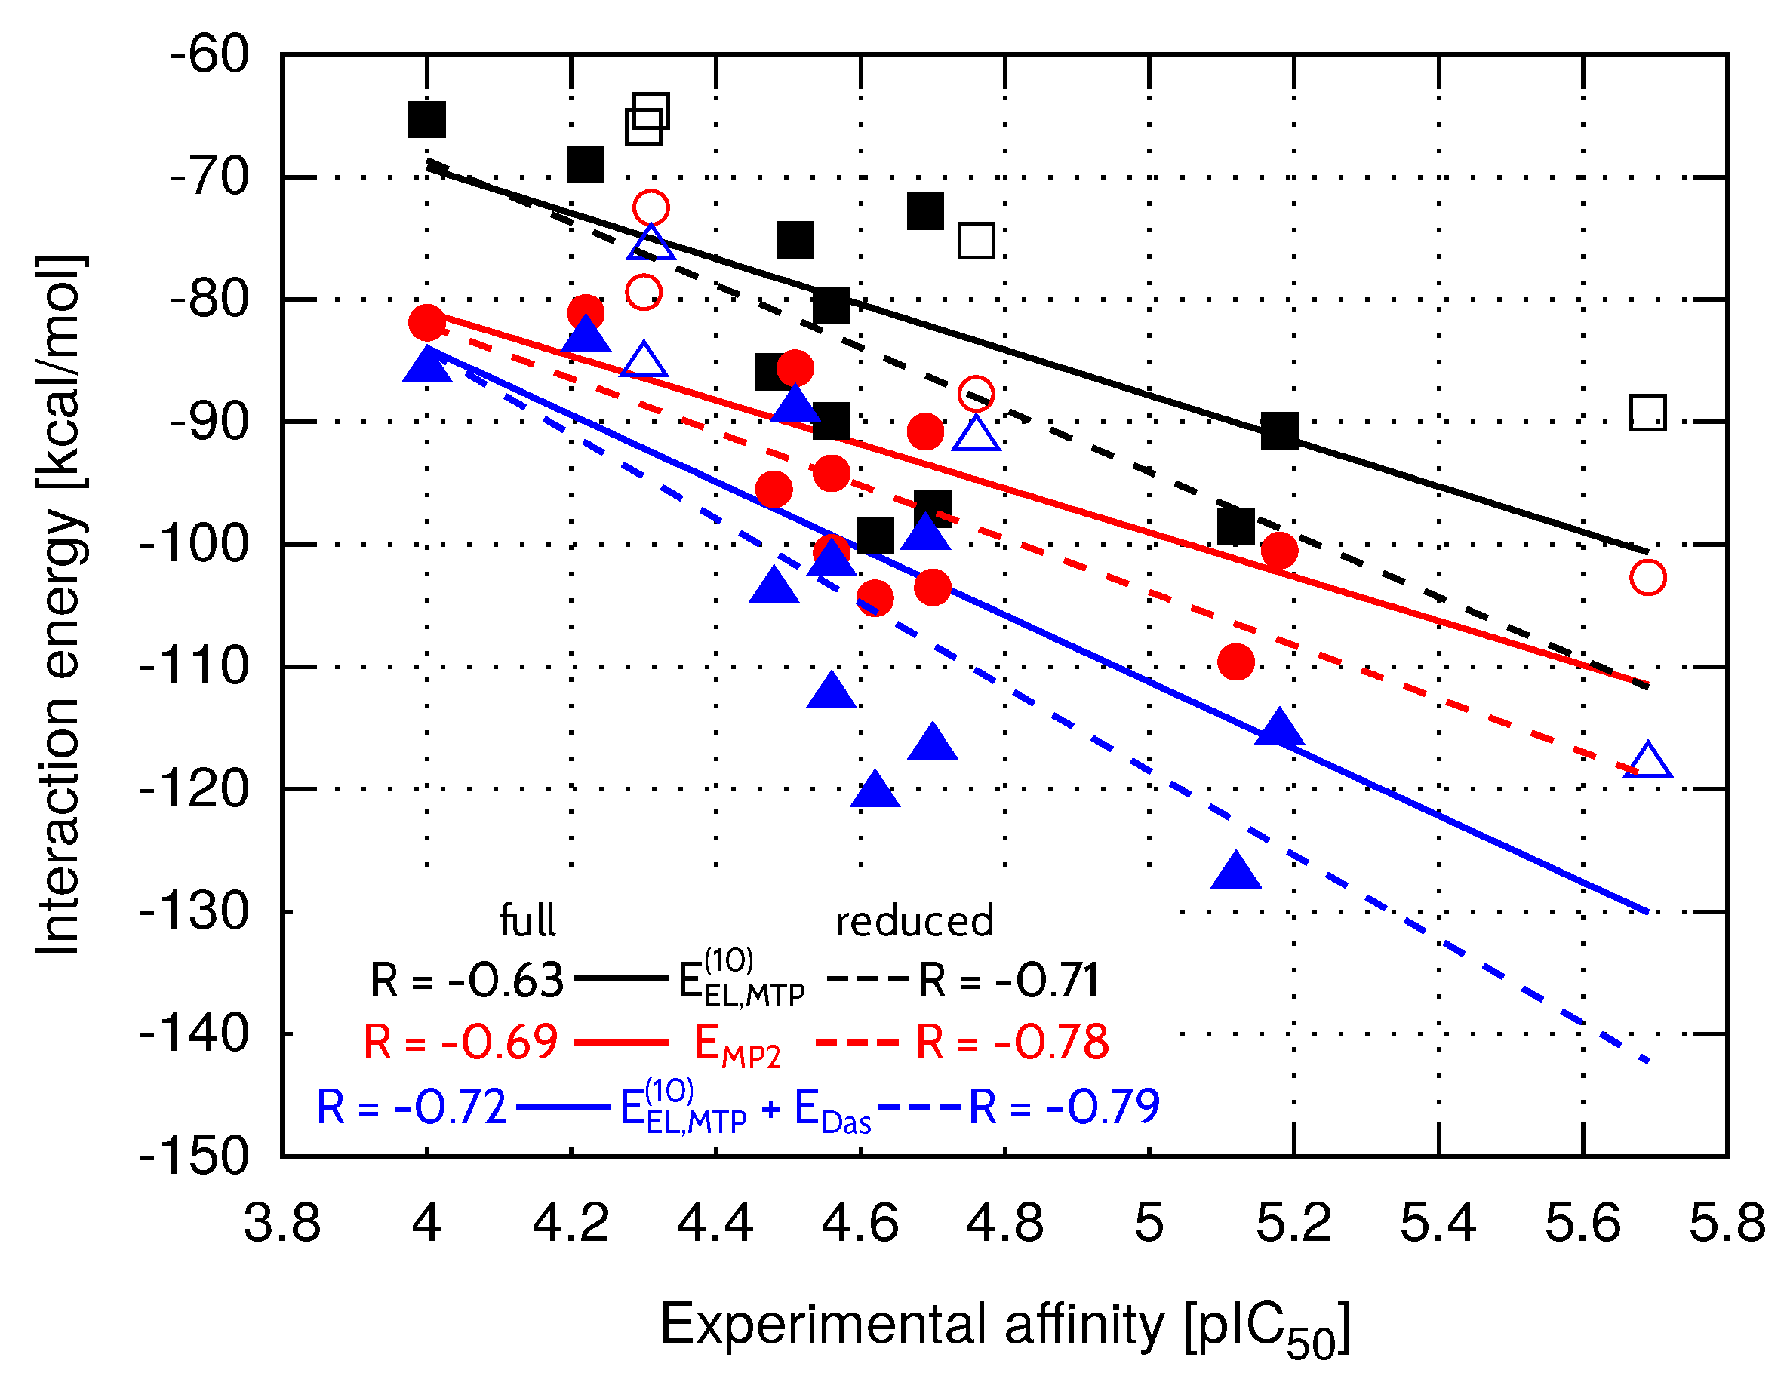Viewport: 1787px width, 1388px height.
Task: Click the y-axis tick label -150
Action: pos(195,1156)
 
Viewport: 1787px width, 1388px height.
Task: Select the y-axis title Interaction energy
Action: pos(59,604)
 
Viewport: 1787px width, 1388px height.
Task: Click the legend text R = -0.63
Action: pos(466,980)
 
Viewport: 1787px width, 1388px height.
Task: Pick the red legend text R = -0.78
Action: pos(1012,1043)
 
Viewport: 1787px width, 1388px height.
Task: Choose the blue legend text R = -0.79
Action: pos(1064,1107)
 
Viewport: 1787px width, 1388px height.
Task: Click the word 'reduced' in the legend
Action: pos(915,922)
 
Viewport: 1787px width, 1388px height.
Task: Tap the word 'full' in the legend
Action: pos(527,921)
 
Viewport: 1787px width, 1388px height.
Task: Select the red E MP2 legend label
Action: pos(737,1046)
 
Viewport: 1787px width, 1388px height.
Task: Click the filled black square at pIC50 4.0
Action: pos(426,119)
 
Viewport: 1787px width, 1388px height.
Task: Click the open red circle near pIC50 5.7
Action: pos(1648,577)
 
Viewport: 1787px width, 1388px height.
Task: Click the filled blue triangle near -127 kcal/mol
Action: pos(1235,873)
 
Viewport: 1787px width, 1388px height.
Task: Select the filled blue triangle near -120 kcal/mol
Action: pos(875,790)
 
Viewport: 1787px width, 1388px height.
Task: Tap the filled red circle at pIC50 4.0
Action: pos(426,323)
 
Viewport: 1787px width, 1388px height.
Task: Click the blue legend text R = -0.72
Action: pos(411,1107)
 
